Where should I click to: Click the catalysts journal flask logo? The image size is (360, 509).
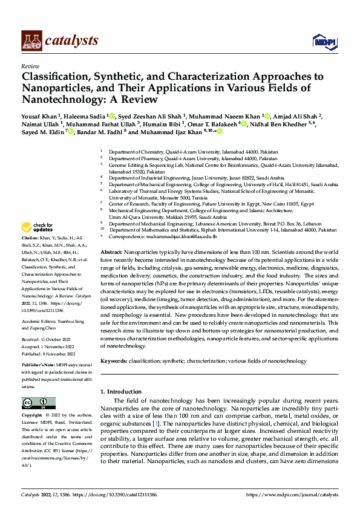[x=31, y=40]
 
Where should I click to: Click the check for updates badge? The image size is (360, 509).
[x=36, y=227]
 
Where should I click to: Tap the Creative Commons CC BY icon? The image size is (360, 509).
[x=39, y=403]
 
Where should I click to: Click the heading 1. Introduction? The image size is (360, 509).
[x=124, y=391]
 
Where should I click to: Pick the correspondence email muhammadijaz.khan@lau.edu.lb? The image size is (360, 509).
[x=173, y=236]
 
